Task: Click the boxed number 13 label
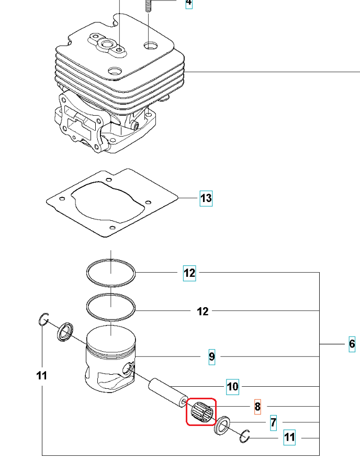click(x=206, y=198)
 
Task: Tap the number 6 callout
click(x=352, y=344)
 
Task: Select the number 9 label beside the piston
click(x=211, y=356)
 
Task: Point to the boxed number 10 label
click(x=232, y=387)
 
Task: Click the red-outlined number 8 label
click(x=257, y=406)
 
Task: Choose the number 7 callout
click(x=273, y=422)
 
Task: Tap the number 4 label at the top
click(x=188, y=4)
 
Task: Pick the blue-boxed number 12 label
click(x=189, y=273)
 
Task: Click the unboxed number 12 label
click(x=203, y=311)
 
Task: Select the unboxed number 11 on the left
click(x=42, y=375)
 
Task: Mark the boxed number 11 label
click(x=289, y=437)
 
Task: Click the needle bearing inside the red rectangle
click(x=201, y=410)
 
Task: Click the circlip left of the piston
click(x=44, y=319)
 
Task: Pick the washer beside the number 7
click(x=222, y=425)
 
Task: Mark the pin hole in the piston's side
click(x=128, y=370)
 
